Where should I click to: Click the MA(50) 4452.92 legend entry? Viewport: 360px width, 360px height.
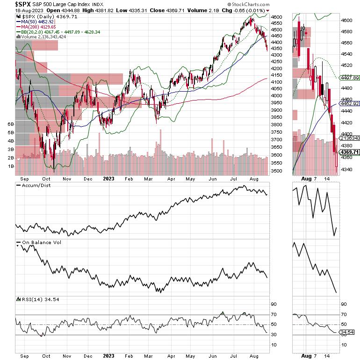tap(38, 21)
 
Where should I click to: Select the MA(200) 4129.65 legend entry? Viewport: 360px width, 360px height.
tap(40, 27)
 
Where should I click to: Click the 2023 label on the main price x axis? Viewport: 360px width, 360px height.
tap(108, 178)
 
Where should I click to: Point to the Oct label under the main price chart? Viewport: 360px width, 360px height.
tap(47, 178)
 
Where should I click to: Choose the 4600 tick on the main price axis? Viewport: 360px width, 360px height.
tap(277, 17)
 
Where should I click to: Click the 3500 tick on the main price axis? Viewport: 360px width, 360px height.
tap(277, 171)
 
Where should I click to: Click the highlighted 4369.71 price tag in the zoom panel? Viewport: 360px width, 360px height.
tap(349, 152)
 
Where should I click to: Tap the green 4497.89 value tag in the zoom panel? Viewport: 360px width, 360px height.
tap(349, 78)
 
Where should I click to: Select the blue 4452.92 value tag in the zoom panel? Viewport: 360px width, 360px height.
tap(349, 103)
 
